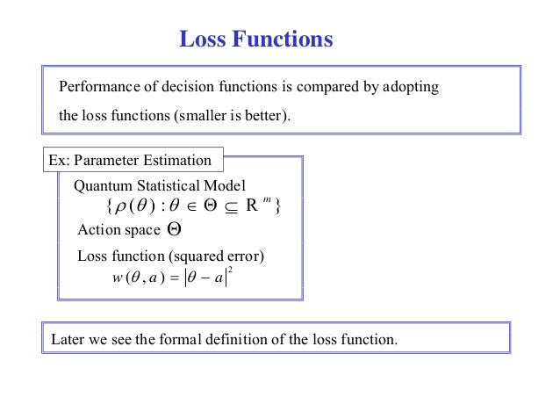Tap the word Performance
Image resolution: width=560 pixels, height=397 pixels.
pyautogui.click(x=95, y=88)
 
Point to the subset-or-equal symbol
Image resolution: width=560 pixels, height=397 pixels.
pyautogui.click(x=225, y=209)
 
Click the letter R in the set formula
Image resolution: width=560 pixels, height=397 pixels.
pyautogui.click(x=252, y=208)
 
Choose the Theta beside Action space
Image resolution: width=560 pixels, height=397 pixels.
pyautogui.click(x=174, y=230)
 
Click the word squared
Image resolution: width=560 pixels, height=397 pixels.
pyautogui.click(x=202, y=256)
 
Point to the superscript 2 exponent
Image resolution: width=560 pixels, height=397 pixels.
pyautogui.click(x=228, y=271)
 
